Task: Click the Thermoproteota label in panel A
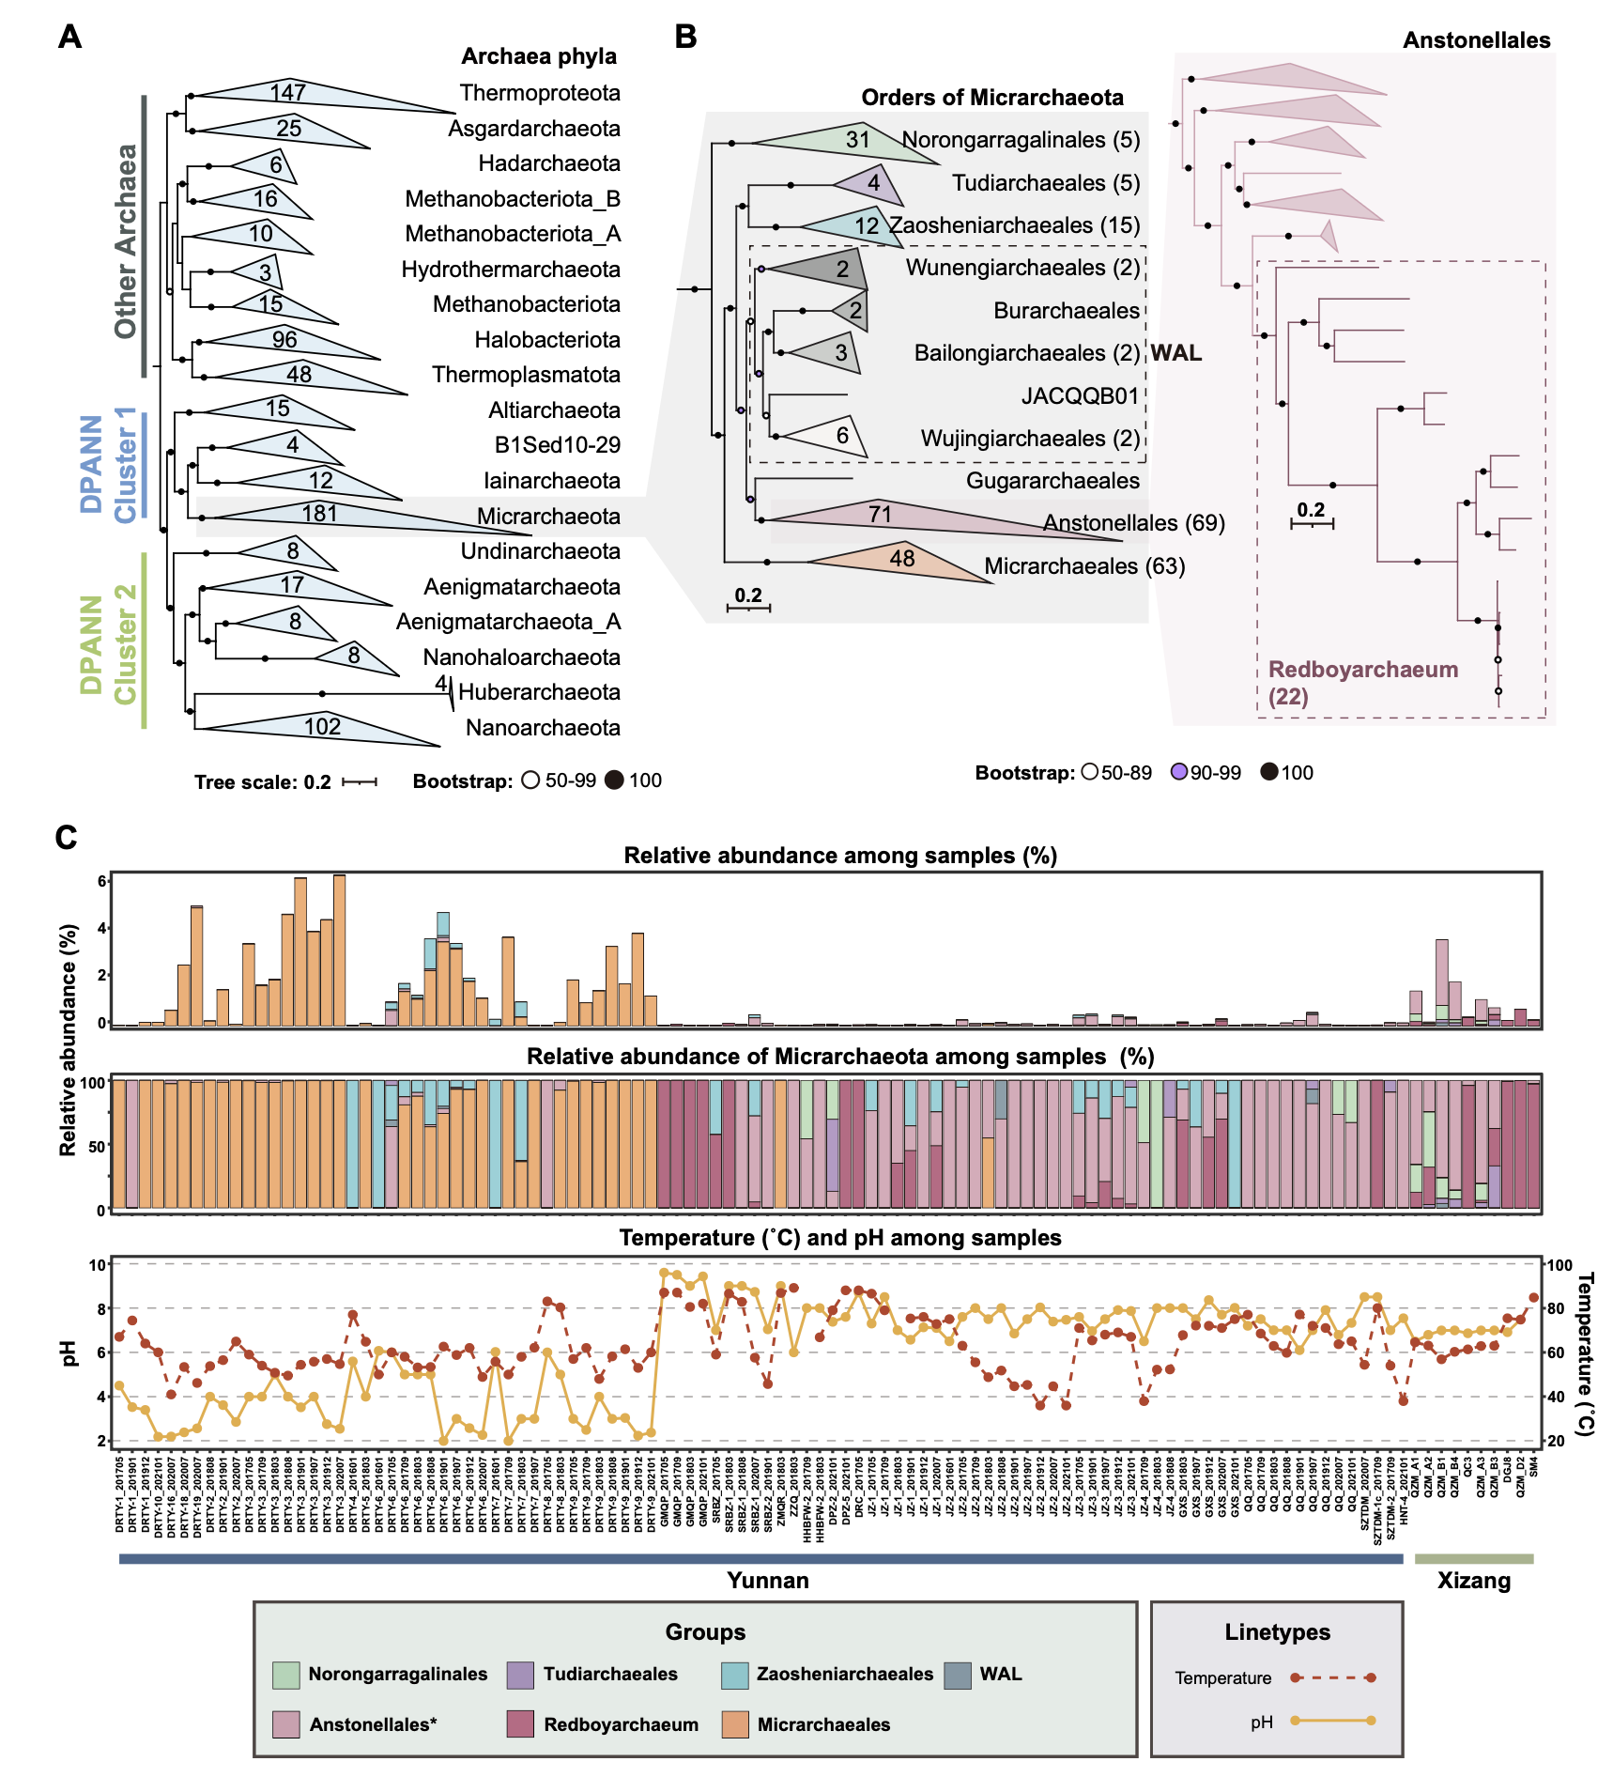tap(540, 93)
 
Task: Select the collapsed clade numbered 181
tap(320, 515)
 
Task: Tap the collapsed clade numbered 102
tap(322, 727)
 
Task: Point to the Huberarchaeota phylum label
tap(539, 692)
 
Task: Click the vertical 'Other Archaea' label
tap(126, 240)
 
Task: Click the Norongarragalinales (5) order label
tap(1021, 140)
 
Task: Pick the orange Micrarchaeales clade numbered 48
tap(901, 560)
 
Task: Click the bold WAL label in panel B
tap(1176, 353)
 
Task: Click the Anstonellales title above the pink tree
tap(1476, 40)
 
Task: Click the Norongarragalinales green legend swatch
tap(286, 1675)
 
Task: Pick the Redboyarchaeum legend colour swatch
tap(520, 1724)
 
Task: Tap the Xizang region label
tap(1474, 1581)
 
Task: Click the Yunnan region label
tap(767, 1581)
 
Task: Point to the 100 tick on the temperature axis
tap(1559, 1265)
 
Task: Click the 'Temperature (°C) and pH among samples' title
tap(839, 1238)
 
